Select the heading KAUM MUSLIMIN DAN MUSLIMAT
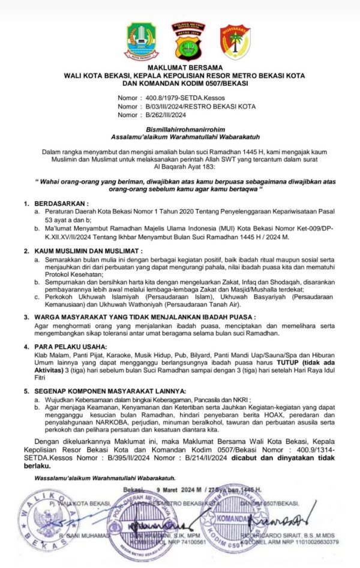coord(88,249)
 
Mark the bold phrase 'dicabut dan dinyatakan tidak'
coord(283,457)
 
